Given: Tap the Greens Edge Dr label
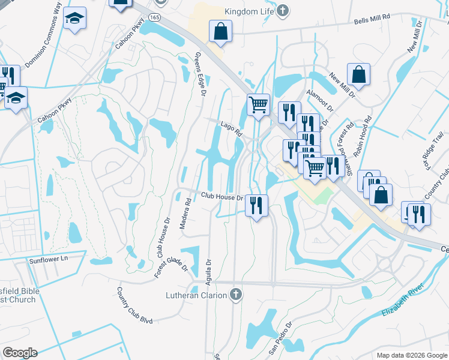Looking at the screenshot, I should point(200,73).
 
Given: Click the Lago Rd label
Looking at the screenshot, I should point(231,127).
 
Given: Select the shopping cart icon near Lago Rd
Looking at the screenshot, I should point(258,104).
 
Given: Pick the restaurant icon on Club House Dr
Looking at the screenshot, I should point(257,205).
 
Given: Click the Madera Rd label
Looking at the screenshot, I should point(188,210).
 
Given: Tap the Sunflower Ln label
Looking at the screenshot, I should point(49,260).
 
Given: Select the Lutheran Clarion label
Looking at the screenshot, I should point(196,295).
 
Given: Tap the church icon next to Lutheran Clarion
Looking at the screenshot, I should point(236,295).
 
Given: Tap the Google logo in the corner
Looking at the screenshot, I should point(20,353).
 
